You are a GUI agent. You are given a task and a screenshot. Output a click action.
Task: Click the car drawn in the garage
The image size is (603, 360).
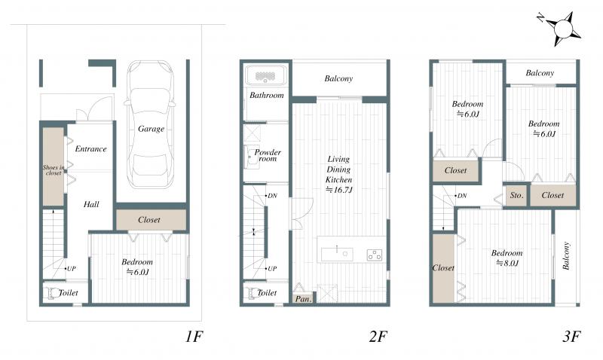[149, 124]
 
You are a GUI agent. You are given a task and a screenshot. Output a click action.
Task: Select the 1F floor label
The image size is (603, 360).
[194, 337]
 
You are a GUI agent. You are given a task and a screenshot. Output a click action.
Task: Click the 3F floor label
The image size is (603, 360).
[571, 337]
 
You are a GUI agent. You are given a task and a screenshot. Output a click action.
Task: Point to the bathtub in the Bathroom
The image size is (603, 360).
[265, 75]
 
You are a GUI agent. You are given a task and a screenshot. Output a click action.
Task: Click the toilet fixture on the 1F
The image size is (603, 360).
[51, 293]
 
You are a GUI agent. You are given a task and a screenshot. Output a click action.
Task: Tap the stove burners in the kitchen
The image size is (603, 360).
[374, 255]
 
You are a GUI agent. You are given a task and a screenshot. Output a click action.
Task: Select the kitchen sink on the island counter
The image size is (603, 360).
[337, 255]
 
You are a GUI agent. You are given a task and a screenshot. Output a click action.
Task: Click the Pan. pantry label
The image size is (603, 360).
[304, 299]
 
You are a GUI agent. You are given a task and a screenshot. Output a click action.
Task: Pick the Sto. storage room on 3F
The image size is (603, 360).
[516, 196]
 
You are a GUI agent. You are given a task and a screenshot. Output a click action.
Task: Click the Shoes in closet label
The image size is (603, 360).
[54, 170]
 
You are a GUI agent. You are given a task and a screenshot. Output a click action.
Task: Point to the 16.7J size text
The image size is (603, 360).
[339, 190]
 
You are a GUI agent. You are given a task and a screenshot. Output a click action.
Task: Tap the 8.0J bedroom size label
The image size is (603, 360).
[507, 263]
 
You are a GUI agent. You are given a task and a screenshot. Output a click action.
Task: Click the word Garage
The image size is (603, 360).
[152, 129]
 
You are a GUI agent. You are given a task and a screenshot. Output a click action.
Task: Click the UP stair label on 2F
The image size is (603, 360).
[272, 269]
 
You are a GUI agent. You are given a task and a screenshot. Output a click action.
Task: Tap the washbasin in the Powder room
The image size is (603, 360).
[252, 157]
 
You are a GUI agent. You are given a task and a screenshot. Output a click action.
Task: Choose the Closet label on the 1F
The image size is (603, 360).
[148, 220]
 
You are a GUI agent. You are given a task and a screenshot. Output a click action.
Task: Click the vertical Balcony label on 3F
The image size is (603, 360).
[566, 255]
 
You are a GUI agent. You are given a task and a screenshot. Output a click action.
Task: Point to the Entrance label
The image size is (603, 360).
[90, 149]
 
